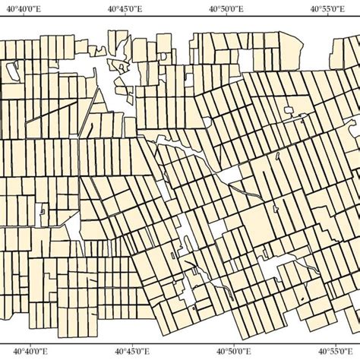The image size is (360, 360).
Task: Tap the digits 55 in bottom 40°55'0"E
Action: pos(329,351)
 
